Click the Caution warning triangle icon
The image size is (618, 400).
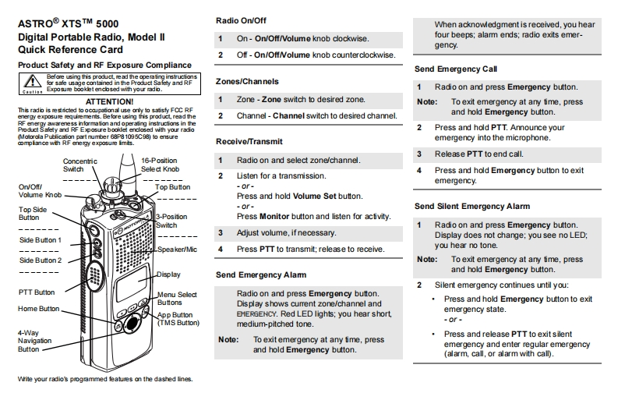pyautogui.click(x=32, y=80)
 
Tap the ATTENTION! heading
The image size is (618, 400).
pyautogui.click(x=108, y=101)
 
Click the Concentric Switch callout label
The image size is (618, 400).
pyautogui.click(x=79, y=165)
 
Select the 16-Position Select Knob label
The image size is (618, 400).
pyautogui.click(x=161, y=165)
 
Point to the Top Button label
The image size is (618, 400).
pyautogui.click(x=172, y=187)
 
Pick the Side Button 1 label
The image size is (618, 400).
pyautogui.click(x=41, y=240)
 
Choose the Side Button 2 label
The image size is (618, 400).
pyautogui.click(x=41, y=260)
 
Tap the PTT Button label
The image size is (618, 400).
pyautogui.click(x=36, y=292)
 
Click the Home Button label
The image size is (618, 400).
pyautogui.click(x=39, y=309)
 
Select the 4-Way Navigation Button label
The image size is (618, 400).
pyautogui.click(x=35, y=341)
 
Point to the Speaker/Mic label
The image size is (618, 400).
pyautogui.click(x=178, y=249)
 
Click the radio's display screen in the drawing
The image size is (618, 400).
pyautogui.click(x=134, y=284)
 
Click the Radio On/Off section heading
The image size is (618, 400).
pyautogui.click(x=239, y=20)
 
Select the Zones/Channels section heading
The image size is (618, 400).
pyautogui.click(x=246, y=81)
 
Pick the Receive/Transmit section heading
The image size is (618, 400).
pyautogui.click(x=249, y=141)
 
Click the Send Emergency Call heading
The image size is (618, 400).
pyautogui.click(x=456, y=69)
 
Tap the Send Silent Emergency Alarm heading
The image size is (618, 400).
pyautogui.click(x=472, y=206)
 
